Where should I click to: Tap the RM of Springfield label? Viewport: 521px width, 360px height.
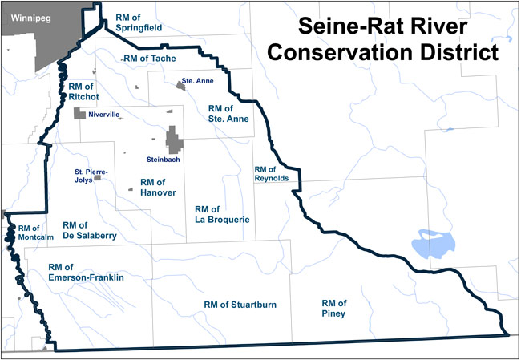point(140,22)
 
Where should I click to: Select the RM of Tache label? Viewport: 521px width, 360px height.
point(150,58)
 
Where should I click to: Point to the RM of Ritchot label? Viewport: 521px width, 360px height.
point(83,91)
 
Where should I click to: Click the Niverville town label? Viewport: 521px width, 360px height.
point(104,115)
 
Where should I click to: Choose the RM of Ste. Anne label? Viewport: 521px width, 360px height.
point(228,113)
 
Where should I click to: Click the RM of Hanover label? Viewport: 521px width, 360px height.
point(147,188)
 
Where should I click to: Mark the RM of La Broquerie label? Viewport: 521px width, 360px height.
point(223,214)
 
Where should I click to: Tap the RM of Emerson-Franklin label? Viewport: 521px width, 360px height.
point(86,273)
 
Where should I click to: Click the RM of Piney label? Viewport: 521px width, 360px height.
point(333,308)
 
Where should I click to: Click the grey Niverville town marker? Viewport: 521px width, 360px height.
point(79,115)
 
